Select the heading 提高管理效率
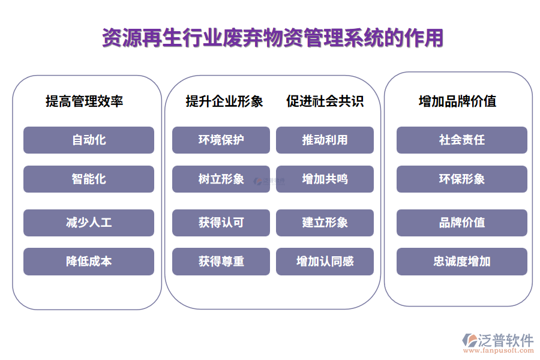tap(85, 101)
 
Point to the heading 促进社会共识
tap(325, 101)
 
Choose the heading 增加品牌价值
tap(457, 101)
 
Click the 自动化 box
tap(89, 140)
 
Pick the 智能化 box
tap(89, 179)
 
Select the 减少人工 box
tap(89, 223)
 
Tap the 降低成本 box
tap(89, 262)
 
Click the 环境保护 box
tap(221, 140)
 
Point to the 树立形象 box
tap(221, 179)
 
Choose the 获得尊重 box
tap(221, 262)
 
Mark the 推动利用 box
tap(325, 140)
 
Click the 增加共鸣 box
tap(325, 179)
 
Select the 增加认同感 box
tap(325, 262)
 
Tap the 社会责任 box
tap(461, 140)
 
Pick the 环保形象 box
tap(461, 179)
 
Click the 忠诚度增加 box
tap(461, 262)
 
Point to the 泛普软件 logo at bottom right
tap(498, 340)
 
